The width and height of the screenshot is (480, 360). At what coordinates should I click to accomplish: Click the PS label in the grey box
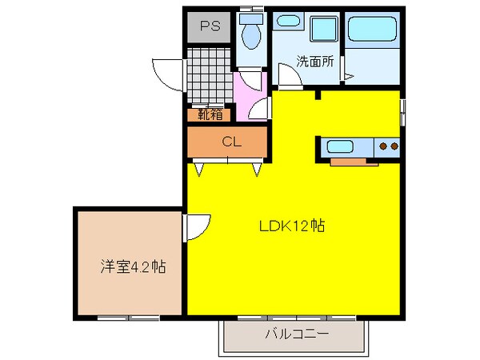(210, 27)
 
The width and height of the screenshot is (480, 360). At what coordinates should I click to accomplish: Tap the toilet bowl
(252, 37)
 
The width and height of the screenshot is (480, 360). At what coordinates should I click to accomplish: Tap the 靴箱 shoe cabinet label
(210, 114)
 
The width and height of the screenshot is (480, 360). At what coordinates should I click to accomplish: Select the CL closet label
(231, 142)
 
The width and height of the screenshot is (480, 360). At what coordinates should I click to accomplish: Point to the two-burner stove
(388, 147)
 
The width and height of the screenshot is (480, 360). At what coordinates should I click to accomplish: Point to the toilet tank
(252, 17)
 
